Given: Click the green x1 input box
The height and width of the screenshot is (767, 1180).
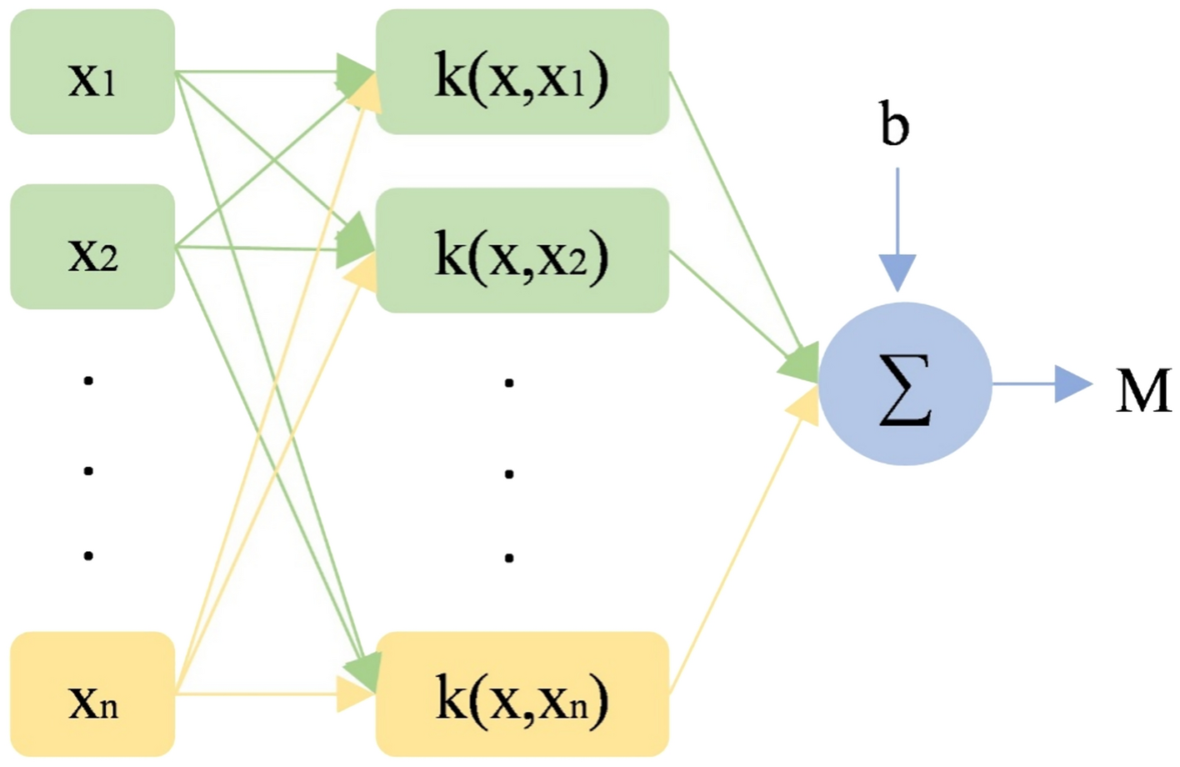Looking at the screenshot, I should tap(92, 73).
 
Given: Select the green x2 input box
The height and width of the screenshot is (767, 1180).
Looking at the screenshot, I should tap(92, 248).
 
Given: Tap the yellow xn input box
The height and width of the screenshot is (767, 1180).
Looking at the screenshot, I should tap(92, 694).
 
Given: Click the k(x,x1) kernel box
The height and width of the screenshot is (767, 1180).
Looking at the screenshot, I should tap(522, 73).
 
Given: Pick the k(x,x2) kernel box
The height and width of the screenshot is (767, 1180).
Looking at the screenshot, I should tap(522, 250).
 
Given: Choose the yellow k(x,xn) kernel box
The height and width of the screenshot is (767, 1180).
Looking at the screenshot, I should tap(522, 694).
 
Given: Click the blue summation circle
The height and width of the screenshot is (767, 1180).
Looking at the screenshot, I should tap(905, 384).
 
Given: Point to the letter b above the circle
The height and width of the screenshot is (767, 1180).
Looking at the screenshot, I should tap(895, 126).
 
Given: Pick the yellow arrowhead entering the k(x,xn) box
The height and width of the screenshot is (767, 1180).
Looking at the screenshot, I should tap(353, 694).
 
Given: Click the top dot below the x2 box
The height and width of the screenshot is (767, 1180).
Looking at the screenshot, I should tap(88, 381).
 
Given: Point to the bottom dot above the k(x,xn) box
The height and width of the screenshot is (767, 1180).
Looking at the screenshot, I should tap(508, 557).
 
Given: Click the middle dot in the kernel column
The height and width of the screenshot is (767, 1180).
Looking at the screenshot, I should tap(508, 474).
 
